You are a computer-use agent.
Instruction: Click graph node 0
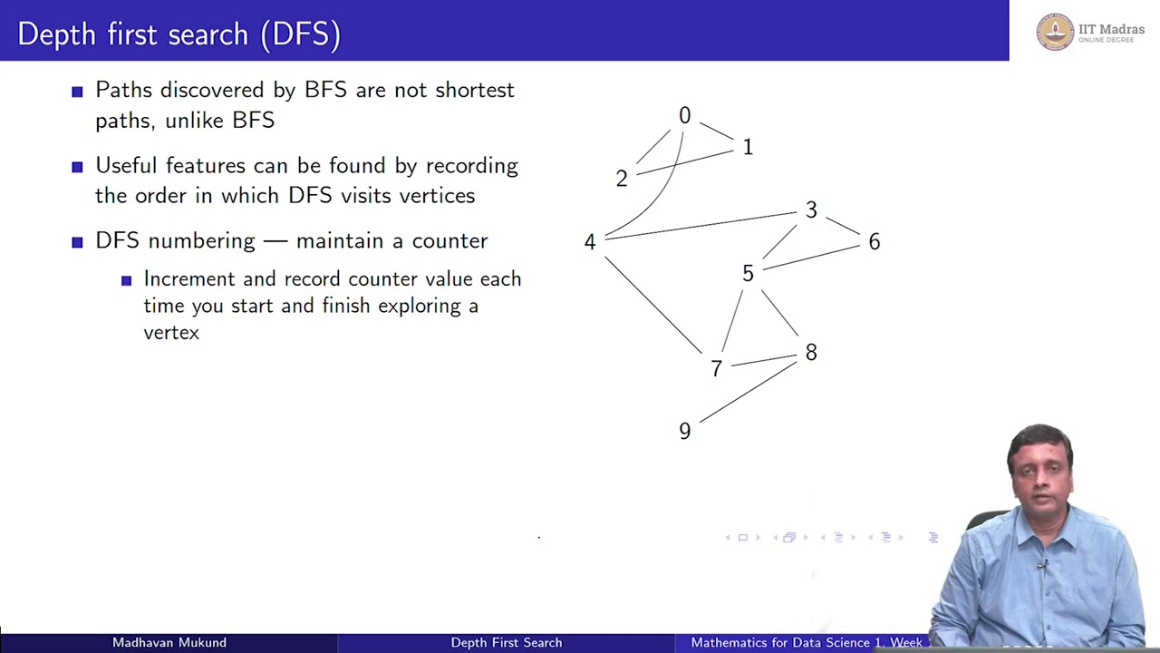point(684,116)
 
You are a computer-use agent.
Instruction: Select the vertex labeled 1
point(748,147)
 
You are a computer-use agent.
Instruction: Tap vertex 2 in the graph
point(622,179)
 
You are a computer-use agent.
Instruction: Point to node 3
point(811,210)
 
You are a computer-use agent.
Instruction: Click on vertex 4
point(590,242)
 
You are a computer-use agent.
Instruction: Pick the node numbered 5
point(748,273)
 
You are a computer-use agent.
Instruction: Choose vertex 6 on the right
point(874,242)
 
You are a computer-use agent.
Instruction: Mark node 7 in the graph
point(716,368)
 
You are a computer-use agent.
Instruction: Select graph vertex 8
point(811,352)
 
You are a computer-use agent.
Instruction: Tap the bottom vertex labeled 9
point(684,431)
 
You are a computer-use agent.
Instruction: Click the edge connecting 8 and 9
point(748,392)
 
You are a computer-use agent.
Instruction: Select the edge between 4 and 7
point(652,305)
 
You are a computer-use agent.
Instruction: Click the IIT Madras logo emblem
point(1055,32)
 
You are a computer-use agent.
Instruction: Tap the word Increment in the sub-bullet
point(188,279)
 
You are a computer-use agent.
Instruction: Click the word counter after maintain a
point(449,240)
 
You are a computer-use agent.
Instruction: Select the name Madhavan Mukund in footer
point(169,642)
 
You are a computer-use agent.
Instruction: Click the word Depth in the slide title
point(56,34)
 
